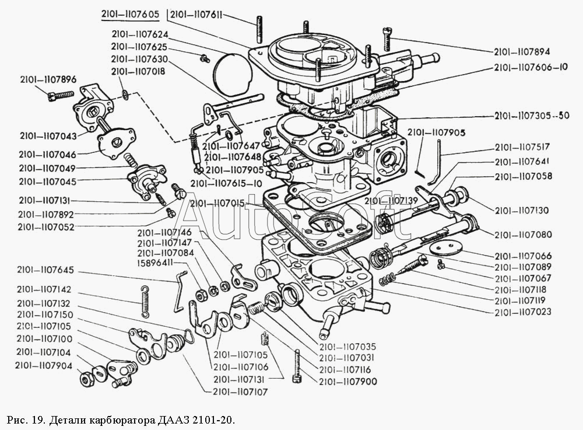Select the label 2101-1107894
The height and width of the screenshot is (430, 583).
click(522, 51)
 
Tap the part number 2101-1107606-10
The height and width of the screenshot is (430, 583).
click(531, 68)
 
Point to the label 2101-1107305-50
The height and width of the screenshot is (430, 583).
click(531, 116)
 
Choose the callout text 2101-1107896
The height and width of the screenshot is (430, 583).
click(48, 79)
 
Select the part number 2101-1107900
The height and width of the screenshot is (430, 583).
click(348, 382)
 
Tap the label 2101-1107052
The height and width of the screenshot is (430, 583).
click(46, 226)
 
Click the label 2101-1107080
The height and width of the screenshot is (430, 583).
click(523, 235)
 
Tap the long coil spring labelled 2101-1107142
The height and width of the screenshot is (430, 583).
click(145, 302)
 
